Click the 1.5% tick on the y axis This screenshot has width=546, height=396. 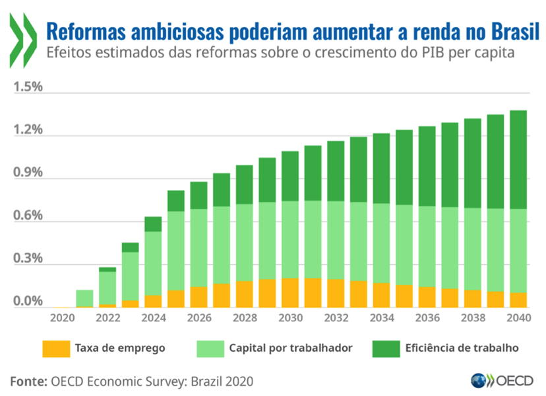(x=28, y=88)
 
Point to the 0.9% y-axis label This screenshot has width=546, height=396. (x=28, y=173)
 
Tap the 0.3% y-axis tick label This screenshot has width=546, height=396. (x=28, y=258)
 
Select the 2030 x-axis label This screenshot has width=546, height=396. (x=290, y=317)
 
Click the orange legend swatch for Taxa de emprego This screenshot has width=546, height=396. (x=55, y=348)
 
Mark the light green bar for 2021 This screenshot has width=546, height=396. (x=84, y=298)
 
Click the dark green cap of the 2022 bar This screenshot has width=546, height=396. (x=107, y=269)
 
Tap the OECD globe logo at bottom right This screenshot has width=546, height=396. (x=478, y=381)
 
